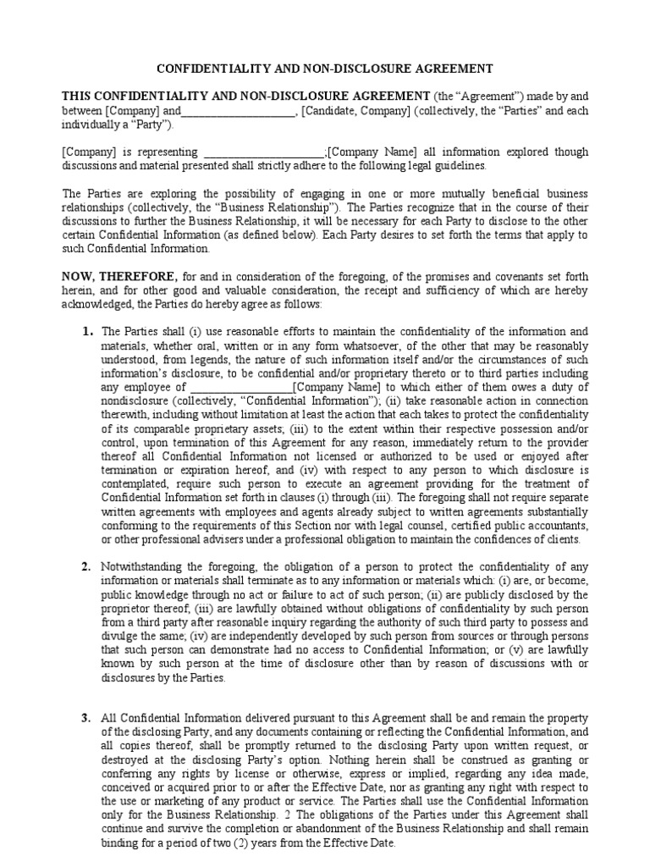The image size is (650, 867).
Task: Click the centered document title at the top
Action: tap(325, 69)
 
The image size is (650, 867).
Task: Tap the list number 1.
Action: tap(87, 331)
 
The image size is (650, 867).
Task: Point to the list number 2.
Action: tap(86, 566)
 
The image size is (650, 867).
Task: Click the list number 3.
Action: tap(86, 718)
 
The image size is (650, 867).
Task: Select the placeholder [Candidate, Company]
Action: tap(356, 112)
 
